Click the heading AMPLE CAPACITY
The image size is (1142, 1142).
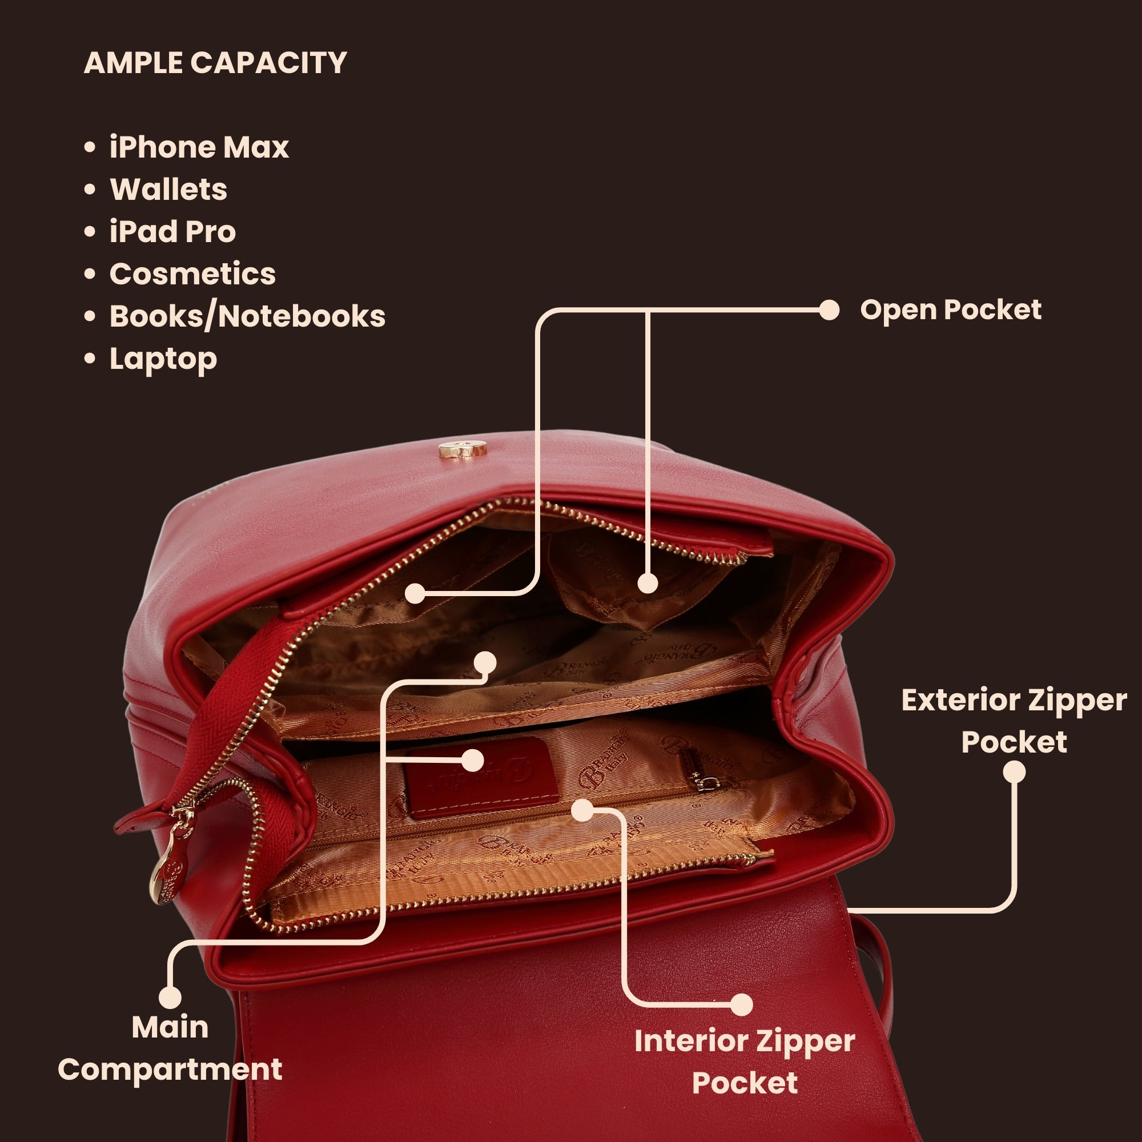coord(215,63)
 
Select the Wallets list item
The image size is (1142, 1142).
coord(168,189)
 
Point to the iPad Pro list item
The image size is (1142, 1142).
coord(172,231)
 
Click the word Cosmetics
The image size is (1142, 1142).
coord(192,274)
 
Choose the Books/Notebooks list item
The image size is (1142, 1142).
coord(248,316)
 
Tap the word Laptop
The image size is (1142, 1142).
coord(163,359)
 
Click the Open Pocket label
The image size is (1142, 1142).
coord(951,309)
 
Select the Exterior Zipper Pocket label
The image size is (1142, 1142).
coord(1014,721)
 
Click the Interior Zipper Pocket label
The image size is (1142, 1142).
coord(745,1061)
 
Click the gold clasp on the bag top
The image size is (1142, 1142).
coord(463,449)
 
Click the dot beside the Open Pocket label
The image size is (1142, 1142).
coord(829,309)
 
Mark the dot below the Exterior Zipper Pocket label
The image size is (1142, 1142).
coord(1014,772)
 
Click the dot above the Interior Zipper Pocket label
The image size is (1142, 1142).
coord(741,1004)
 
